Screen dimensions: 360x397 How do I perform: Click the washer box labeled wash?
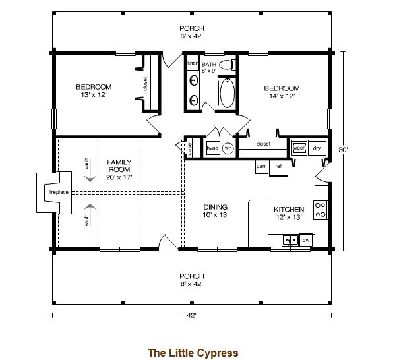point(299,148)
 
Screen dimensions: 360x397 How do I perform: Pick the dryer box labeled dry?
point(317,148)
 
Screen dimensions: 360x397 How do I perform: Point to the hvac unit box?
point(212,148)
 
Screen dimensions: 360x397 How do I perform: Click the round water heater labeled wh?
point(228,148)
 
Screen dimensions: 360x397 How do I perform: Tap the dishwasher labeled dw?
point(305,241)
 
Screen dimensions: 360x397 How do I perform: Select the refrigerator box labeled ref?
point(278,166)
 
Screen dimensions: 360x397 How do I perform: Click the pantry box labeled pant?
point(261,166)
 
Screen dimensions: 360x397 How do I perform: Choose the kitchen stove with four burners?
point(321,210)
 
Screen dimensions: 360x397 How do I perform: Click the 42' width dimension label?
point(191,315)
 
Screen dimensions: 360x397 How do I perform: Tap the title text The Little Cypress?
point(193,353)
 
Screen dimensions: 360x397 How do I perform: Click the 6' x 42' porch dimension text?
point(191,36)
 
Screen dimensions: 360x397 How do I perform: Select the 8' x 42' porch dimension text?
point(191,284)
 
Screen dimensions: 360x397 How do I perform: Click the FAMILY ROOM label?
point(119,165)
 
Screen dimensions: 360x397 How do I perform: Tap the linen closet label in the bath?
point(193,63)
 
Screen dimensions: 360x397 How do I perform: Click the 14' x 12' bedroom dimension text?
point(282,96)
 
